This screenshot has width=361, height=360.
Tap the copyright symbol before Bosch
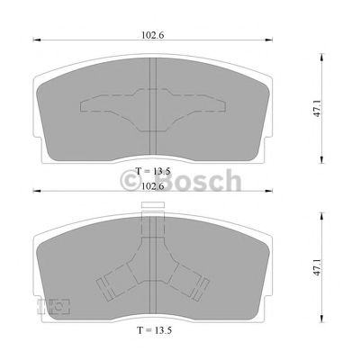(x=133, y=184)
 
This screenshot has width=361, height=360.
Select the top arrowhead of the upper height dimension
(x=321, y=53)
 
